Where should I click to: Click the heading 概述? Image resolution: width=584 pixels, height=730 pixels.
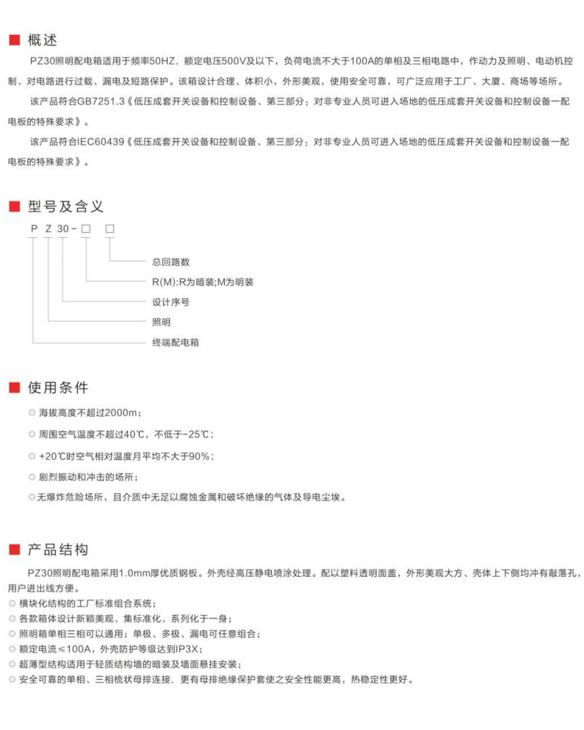[x=42, y=40]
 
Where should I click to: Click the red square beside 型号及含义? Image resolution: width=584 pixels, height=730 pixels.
[x=15, y=206]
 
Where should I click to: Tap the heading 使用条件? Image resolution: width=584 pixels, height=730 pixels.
[x=58, y=387]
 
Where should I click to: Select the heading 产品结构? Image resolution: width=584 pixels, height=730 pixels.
[x=58, y=549]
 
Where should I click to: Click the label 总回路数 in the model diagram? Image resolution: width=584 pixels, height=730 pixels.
[x=171, y=262]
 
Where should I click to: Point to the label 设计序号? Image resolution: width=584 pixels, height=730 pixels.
[x=171, y=302]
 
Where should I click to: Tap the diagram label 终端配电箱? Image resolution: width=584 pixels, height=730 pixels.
[x=176, y=342]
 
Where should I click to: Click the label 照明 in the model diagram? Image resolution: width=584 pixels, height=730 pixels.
[x=161, y=322]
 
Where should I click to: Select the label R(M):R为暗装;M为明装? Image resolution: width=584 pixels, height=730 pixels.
[x=202, y=282]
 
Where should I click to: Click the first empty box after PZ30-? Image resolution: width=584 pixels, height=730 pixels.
[x=86, y=229]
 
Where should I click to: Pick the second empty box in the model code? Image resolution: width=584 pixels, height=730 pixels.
[x=110, y=229]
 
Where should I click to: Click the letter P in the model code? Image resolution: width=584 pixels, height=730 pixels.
[x=34, y=229]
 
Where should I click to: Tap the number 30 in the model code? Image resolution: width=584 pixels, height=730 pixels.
[x=63, y=229]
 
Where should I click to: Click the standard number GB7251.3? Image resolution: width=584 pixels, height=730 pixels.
[x=101, y=101]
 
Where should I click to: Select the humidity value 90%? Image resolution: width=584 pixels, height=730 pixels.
[x=199, y=456]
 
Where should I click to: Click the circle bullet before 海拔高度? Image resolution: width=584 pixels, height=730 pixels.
[x=32, y=413]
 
